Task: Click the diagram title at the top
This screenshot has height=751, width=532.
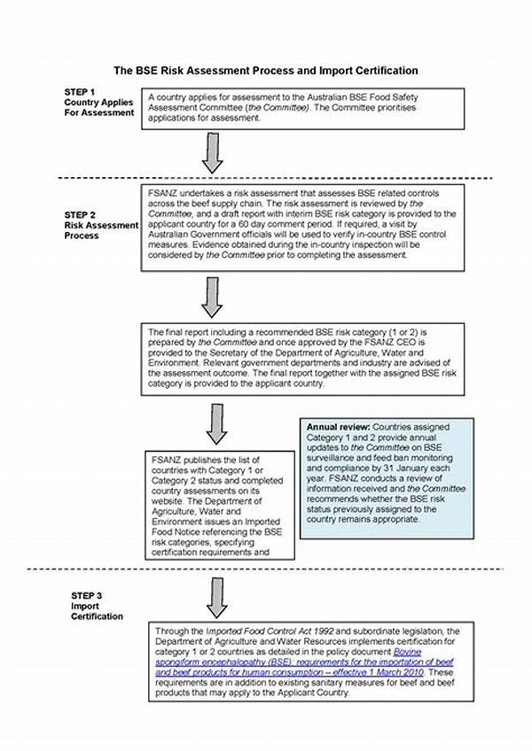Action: [x=266, y=70]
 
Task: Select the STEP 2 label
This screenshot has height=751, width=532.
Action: [x=81, y=215]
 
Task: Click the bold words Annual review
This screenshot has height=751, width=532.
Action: [x=333, y=426]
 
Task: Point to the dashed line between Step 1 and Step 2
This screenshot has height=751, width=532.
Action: [x=266, y=177]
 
